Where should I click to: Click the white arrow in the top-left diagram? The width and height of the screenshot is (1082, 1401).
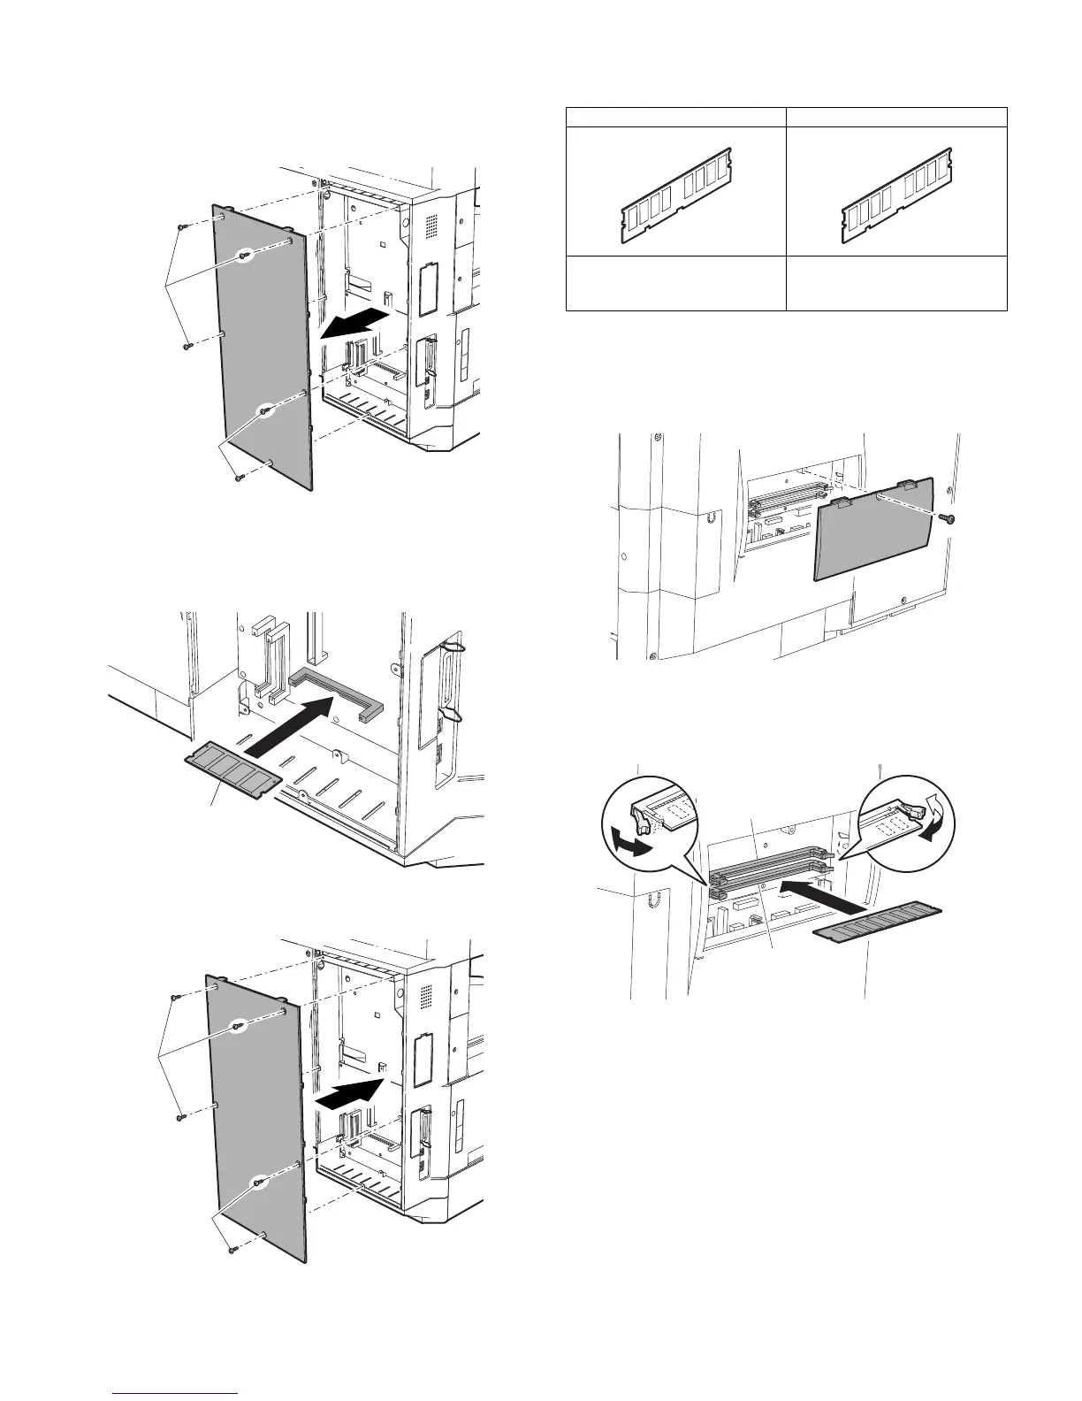353,324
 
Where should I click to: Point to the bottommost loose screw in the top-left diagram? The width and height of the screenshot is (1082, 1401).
237,478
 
